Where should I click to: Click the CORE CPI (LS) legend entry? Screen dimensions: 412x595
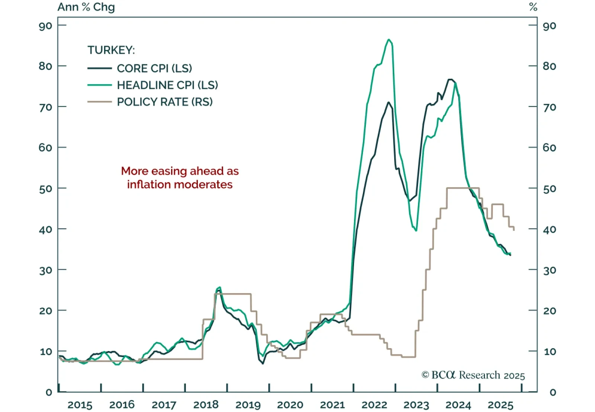pyautogui.click(x=154, y=68)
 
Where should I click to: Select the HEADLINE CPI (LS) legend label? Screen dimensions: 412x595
pyautogui.click(x=167, y=85)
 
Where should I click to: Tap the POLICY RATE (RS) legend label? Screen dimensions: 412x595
pyautogui.click(x=165, y=102)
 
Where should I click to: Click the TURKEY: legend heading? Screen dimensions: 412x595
pyautogui.click(x=111, y=50)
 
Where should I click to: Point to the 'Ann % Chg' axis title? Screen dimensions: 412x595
pyautogui.click(x=86, y=7)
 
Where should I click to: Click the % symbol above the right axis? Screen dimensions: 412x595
pyautogui.click(x=533, y=7)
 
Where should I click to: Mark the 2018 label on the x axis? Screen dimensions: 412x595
pyautogui.click(x=206, y=405)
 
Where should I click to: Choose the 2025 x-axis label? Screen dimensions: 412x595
pyautogui.click(x=501, y=405)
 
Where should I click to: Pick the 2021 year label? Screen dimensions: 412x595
pyautogui.click(x=332, y=405)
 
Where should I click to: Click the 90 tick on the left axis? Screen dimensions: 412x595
pyautogui.click(x=45, y=26)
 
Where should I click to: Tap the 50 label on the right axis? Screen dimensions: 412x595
pyautogui.click(x=549, y=189)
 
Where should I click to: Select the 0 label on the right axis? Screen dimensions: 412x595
pyautogui.click(x=553, y=392)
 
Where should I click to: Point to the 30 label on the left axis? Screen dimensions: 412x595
pyautogui.click(x=45, y=270)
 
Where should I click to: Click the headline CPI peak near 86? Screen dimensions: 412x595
pyautogui.click(x=389, y=39)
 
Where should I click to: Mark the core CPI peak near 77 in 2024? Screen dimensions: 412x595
pyautogui.click(x=450, y=80)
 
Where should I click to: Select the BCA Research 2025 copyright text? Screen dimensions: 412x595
pyautogui.click(x=473, y=375)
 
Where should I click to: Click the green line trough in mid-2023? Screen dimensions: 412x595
pyautogui.click(x=416, y=230)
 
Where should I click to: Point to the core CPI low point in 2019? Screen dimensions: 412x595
pyautogui.click(x=263, y=363)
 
